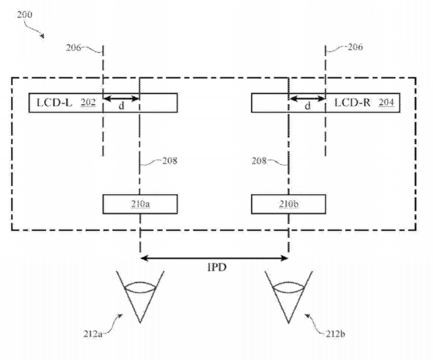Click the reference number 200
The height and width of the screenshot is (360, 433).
pos(25,14)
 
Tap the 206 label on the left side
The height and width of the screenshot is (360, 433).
pos(74,48)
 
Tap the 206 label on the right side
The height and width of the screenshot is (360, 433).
pos(355,47)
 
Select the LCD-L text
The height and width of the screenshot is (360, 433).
pos(54,103)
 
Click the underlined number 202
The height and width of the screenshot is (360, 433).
pos(88,103)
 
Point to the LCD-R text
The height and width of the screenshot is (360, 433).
pos(352,103)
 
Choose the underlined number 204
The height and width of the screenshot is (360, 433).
pos(386,103)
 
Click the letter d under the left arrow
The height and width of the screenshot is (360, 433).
pos(122,106)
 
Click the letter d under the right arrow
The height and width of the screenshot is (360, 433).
pos(307,106)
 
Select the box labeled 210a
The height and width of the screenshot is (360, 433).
pos(140,204)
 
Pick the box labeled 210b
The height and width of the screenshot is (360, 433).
pos(288,204)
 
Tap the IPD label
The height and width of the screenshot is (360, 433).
pos(216,267)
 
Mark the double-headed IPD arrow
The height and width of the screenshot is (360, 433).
pos(214,258)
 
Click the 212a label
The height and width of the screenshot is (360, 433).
pos(93,334)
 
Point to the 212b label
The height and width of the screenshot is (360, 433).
pos(335,334)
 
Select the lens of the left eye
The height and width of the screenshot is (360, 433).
pos(140,287)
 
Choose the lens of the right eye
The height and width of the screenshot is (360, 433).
pos(288,287)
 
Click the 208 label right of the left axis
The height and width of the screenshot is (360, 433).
pos(169,161)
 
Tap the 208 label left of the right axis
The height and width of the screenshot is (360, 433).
pos(259,161)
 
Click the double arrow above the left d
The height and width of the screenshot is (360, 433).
pos(122,99)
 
